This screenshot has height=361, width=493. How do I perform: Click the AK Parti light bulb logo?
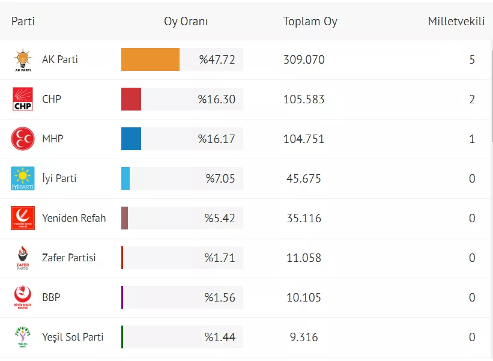click(23, 59)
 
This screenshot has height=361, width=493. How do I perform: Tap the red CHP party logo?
click(23, 99)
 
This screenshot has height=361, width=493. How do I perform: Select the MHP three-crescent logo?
click(23, 139)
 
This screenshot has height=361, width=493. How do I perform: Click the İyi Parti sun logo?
click(23, 178)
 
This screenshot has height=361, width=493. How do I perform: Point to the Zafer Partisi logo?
click(23, 258)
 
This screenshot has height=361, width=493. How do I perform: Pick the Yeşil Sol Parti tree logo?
click(23, 337)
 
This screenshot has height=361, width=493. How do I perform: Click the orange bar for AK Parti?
click(150, 59)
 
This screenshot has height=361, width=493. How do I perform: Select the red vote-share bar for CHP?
click(131, 99)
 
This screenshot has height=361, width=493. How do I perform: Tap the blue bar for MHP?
click(131, 139)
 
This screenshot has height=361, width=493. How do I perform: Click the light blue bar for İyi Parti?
click(126, 178)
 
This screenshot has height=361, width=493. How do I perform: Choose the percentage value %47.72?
click(217, 59)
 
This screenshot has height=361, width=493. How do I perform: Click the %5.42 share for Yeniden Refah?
click(220, 218)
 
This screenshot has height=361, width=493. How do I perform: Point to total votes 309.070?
click(304, 59)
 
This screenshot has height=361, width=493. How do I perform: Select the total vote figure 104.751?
click(304, 139)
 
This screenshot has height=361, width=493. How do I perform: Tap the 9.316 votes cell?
click(304, 337)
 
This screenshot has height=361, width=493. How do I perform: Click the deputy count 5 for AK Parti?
click(472, 59)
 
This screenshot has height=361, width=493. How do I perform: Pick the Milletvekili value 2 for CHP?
click(472, 99)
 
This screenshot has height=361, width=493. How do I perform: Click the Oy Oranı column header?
click(186, 22)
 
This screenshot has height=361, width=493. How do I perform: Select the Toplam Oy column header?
click(310, 22)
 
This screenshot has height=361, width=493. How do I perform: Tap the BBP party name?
click(51, 297)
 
